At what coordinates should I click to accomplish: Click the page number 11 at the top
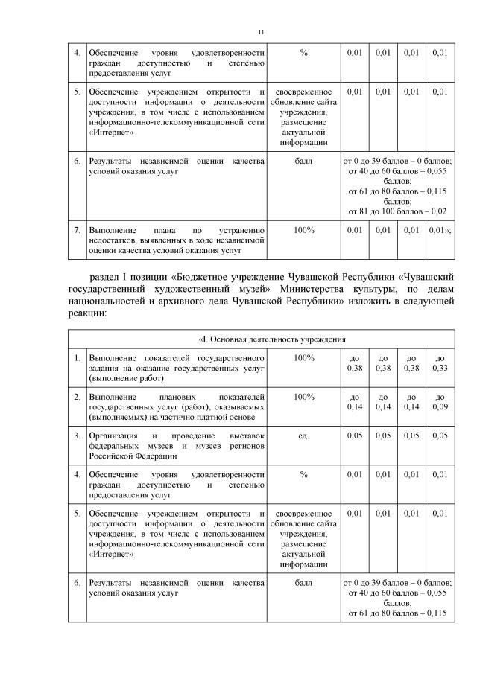261,32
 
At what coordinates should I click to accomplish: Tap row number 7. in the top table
77,230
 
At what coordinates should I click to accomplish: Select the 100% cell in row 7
303,230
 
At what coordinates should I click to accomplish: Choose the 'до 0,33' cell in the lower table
440,363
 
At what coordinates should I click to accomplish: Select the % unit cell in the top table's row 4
303,53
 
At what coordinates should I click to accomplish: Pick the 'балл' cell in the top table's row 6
303,160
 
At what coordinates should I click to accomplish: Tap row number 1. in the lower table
77,358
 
